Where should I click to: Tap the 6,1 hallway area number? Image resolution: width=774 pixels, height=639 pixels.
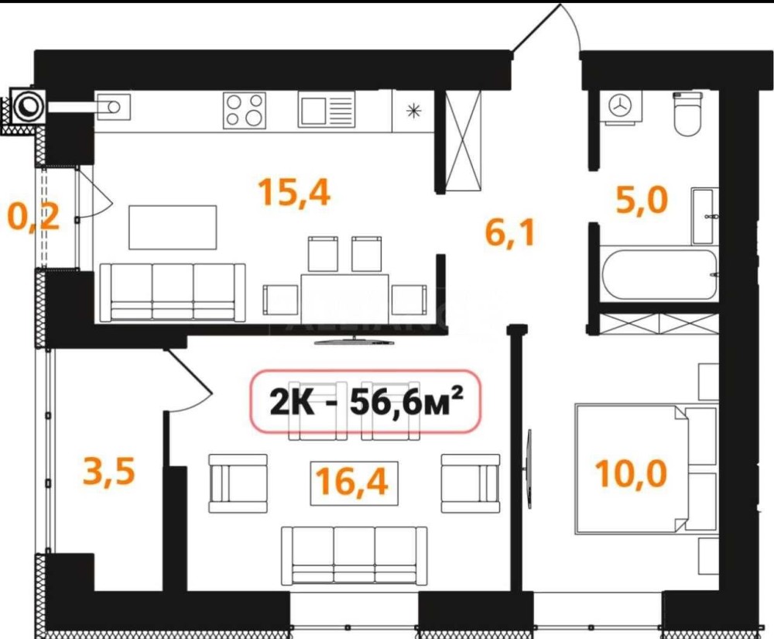(510, 233)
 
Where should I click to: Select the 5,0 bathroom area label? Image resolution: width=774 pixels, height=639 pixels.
(642, 200)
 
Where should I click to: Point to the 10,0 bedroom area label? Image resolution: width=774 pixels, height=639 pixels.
(632, 472)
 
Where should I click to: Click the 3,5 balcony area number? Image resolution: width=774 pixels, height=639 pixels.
(109, 471)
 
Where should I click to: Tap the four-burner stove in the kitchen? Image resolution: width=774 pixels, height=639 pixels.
(245, 111)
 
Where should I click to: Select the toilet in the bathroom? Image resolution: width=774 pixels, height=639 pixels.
(687, 114)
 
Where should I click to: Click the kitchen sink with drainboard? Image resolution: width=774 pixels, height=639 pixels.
(327, 111)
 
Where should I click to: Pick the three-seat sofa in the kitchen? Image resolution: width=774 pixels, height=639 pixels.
(173, 292)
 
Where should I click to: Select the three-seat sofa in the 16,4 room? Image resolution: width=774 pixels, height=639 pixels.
(354, 555)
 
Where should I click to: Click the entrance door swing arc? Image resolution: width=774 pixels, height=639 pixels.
(572, 24)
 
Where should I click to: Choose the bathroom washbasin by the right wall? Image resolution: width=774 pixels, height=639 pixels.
(705, 216)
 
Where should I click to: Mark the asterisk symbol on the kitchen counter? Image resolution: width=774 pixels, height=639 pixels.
(413, 111)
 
